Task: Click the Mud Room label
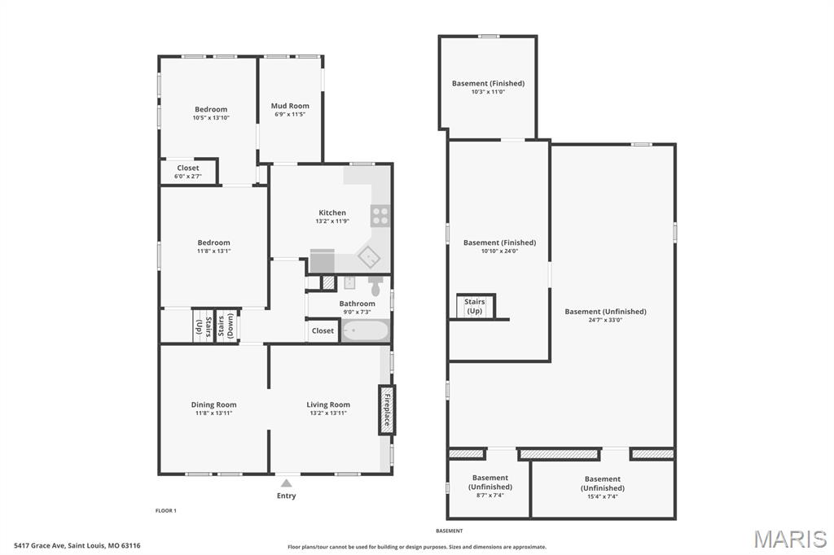[290, 106]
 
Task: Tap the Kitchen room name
[332, 212]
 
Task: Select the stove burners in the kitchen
[380, 216]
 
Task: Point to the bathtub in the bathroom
[366, 330]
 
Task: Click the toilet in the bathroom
[375, 286]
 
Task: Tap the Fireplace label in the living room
[387, 410]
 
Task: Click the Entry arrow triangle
[286, 483]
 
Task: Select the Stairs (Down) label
[226, 326]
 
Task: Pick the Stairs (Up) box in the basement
[475, 306]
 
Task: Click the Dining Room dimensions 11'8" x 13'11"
[214, 413]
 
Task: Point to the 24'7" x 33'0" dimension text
[605, 320]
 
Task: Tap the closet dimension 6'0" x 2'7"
[188, 177]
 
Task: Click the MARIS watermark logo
[790, 539]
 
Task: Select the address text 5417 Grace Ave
[40, 545]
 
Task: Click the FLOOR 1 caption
[166, 511]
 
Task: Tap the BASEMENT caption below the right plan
[450, 531]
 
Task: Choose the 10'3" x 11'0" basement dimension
[489, 92]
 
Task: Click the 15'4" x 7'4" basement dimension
[603, 496]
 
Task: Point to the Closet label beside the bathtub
[323, 330]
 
